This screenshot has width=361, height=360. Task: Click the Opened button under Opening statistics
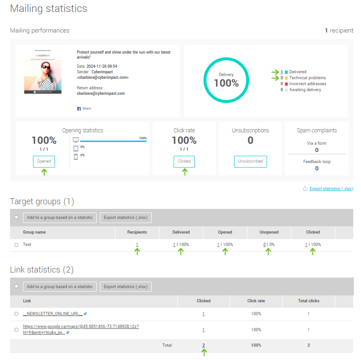click(x=44, y=161)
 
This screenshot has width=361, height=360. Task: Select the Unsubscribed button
click(x=250, y=161)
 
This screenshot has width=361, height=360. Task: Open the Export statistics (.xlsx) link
click(x=331, y=189)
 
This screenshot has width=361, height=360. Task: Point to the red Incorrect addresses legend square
click(x=286, y=84)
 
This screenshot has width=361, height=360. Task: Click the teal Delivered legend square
click(x=286, y=72)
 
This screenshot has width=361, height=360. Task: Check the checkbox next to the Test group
click(x=16, y=245)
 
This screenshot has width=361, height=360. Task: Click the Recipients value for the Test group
click(x=137, y=245)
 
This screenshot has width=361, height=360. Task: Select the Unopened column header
click(x=269, y=232)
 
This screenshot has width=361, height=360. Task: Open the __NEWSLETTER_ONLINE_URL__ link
click(x=53, y=314)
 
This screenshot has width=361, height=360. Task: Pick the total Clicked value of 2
click(x=203, y=345)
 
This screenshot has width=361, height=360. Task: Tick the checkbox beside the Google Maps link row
click(x=16, y=329)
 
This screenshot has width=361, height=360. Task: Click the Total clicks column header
click(x=308, y=301)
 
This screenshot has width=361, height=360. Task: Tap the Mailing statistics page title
click(x=49, y=9)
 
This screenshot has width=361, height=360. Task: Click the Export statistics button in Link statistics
click(x=126, y=287)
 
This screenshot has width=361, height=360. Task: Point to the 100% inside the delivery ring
click(x=226, y=83)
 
